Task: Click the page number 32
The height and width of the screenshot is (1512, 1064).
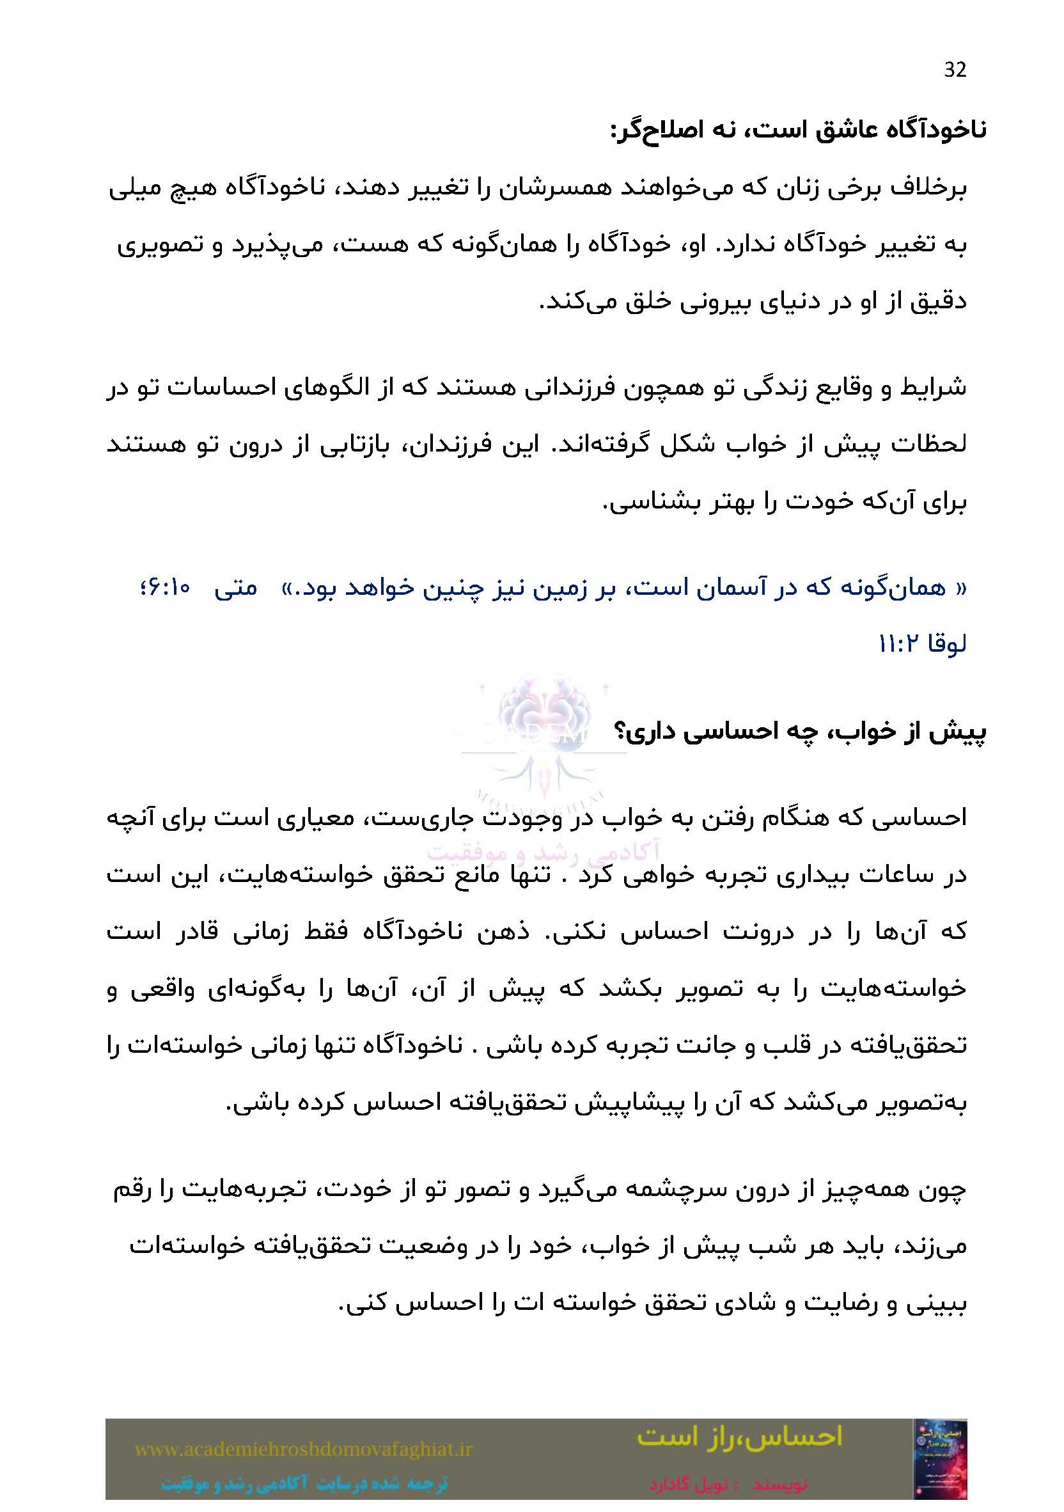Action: click(x=955, y=70)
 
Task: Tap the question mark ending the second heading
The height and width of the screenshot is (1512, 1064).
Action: click(x=620, y=732)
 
